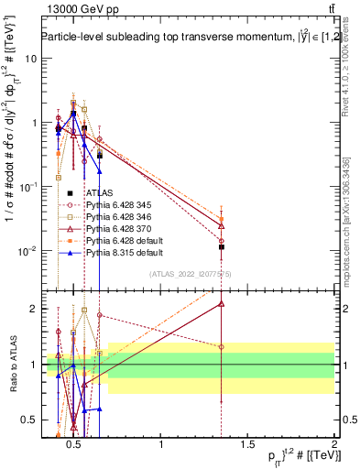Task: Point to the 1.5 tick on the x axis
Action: (248, 445)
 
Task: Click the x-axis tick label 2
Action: (333, 445)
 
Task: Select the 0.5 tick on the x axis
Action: (75, 445)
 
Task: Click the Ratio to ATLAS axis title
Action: (12, 365)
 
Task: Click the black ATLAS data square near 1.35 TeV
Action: (222, 247)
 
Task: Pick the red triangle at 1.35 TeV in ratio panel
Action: (222, 303)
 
